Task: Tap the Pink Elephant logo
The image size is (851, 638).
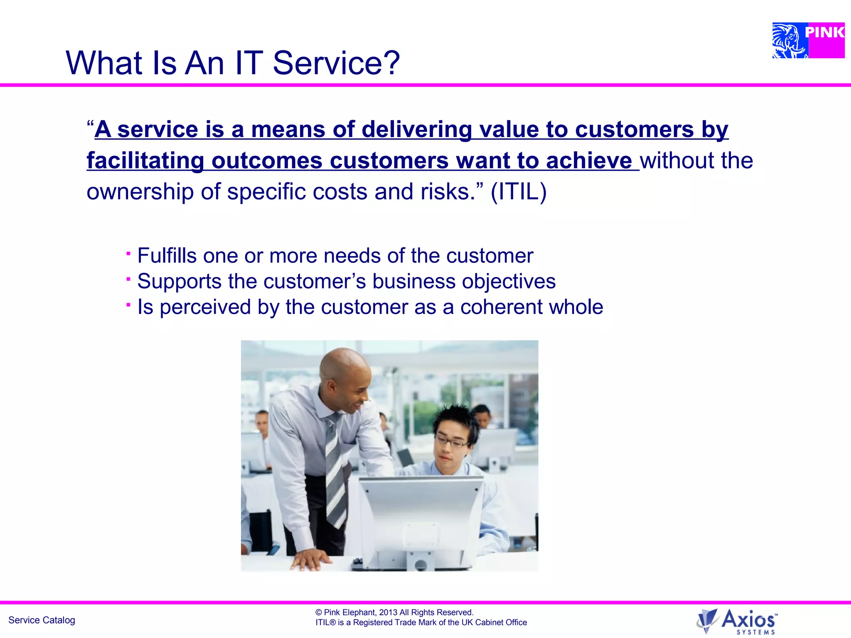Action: [x=808, y=40]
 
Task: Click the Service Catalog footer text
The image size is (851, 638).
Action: [x=42, y=620]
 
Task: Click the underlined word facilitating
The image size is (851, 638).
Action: [x=145, y=161]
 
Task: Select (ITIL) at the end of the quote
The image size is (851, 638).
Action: [x=518, y=192]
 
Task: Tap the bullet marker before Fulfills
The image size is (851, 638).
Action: [x=128, y=253]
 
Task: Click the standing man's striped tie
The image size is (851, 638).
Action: [x=335, y=469]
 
